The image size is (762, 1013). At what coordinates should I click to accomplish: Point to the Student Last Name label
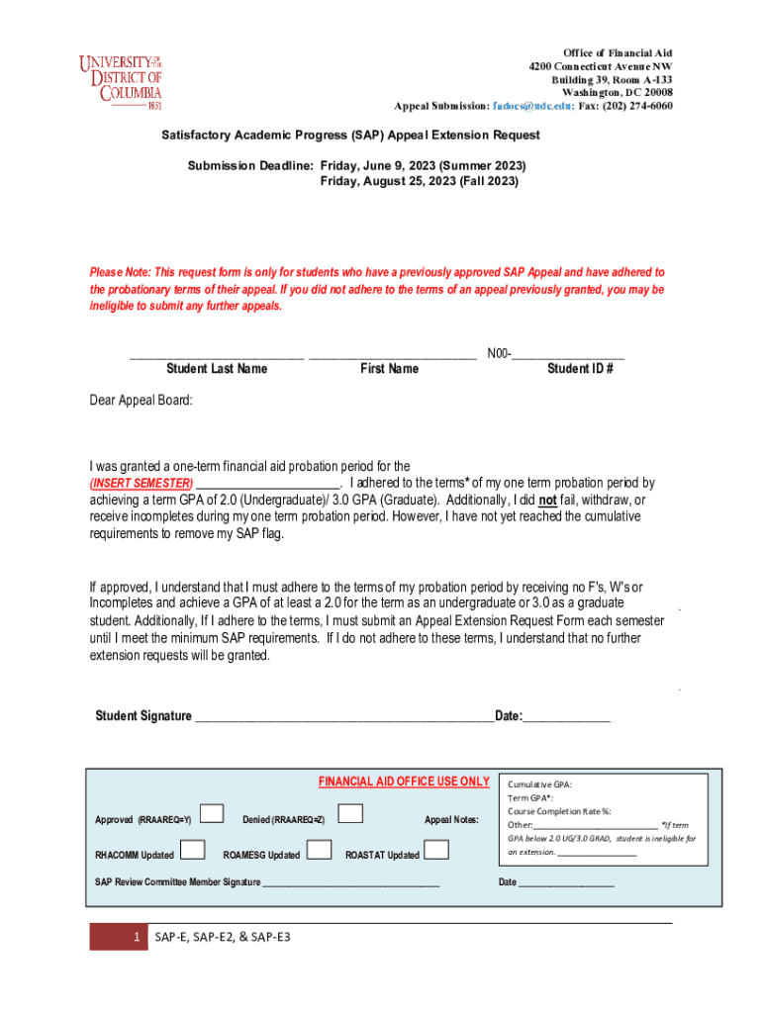point(216,369)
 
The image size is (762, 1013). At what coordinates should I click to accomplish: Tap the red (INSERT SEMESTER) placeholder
point(142,484)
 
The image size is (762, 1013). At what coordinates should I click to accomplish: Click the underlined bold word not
point(546,501)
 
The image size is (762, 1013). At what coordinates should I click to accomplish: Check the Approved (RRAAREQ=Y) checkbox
point(211,813)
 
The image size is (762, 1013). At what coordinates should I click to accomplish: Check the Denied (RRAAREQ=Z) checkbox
point(350,813)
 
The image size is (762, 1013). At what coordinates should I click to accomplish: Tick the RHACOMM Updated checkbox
point(194,849)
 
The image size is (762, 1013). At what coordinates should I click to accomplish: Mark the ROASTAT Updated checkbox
point(436,849)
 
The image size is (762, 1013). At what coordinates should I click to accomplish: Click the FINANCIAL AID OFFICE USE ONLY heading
point(404,782)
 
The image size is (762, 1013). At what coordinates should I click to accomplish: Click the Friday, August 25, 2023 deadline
point(420,182)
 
